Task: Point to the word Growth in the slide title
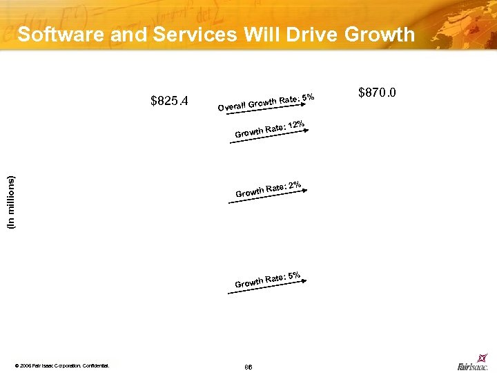[x=381, y=34]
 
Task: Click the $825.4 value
[x=169, y=102]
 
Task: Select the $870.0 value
[x=377, y=93]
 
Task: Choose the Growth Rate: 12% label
[x=270, y=128]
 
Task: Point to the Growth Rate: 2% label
[x=267, y=189]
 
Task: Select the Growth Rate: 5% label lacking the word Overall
[x=267, y=280]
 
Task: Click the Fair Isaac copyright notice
[x=61, y=365]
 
